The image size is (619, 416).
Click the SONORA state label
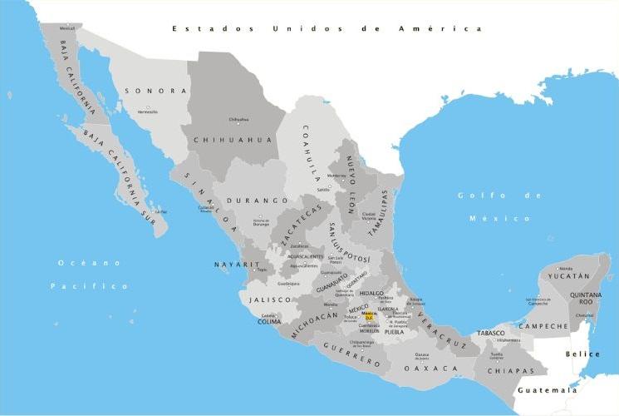point(155,90)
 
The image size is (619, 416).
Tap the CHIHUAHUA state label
point(233,140)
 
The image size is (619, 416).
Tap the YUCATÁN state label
point(569,275)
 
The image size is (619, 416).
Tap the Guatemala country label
point(547,389)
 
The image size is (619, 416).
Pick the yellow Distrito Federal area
point(371,317)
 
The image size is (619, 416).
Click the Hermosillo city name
point(148,111)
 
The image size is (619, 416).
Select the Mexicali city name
point(67,28)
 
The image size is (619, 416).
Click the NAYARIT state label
point(232,264)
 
